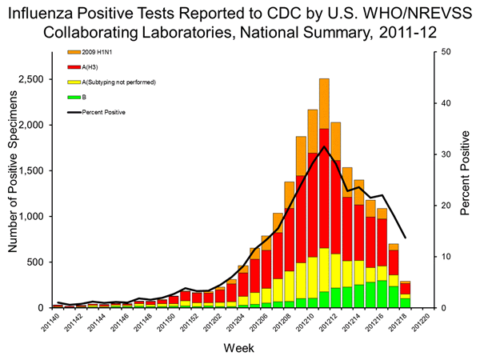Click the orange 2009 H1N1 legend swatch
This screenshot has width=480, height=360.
(73, 52)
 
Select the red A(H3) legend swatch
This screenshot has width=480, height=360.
(73, 67)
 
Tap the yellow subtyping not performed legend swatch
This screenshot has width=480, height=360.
(73, 82)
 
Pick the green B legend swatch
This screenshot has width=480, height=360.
(73, 98)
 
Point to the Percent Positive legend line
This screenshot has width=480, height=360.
(73, 112)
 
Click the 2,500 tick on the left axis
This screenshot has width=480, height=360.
(32, 80)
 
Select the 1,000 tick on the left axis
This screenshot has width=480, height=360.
(32, 217)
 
